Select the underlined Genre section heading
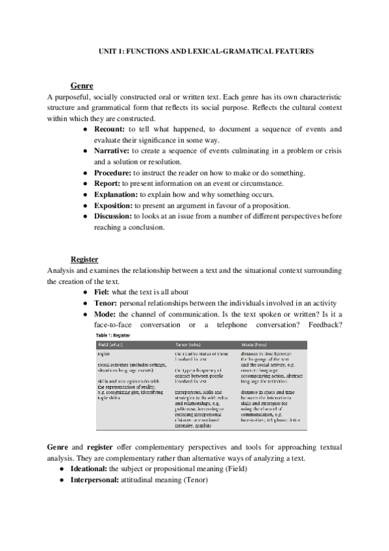(82, 86)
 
